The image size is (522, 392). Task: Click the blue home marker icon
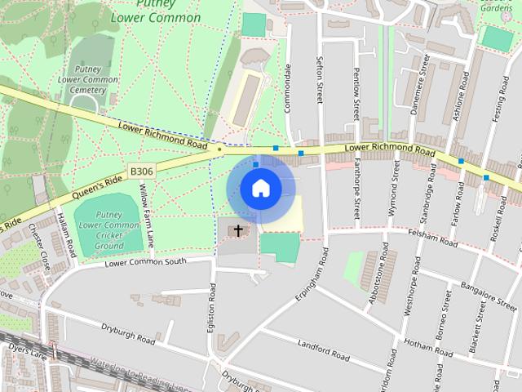(260, 188)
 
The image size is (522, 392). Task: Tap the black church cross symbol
(239, 231)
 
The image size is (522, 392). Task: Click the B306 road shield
(140, 171)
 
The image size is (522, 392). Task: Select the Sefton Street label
(320, 80)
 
